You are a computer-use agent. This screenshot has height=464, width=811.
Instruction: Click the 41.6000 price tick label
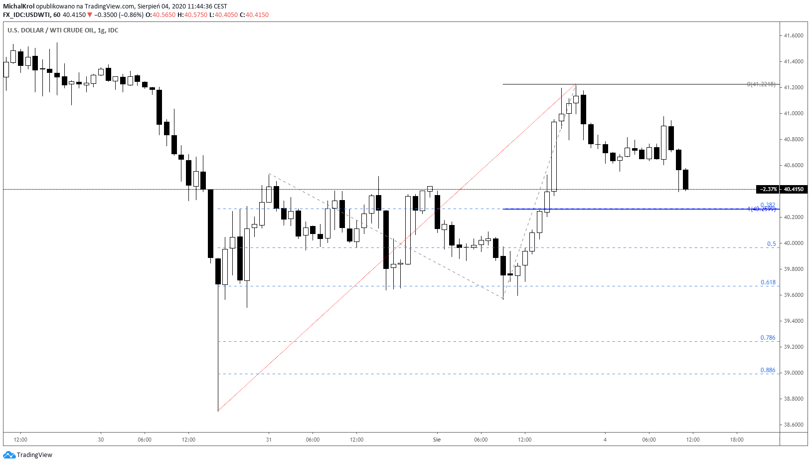793,35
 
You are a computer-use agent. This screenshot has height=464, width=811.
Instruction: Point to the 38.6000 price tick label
793,425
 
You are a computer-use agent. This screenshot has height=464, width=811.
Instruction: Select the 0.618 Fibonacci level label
768,282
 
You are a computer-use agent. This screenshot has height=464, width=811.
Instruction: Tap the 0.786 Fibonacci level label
768,338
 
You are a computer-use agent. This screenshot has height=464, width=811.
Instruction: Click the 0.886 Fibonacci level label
768,370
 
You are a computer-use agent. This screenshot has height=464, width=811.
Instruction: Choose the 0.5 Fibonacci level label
771,244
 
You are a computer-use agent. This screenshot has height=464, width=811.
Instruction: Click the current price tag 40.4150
794,189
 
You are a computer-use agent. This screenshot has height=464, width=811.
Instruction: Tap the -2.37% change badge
768,189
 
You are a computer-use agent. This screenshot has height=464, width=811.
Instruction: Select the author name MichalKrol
18,6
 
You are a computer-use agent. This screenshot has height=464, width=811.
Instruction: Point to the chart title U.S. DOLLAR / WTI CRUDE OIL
51,30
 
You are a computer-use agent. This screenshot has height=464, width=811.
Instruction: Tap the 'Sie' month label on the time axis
437,440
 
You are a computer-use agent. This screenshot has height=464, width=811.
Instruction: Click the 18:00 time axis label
736,440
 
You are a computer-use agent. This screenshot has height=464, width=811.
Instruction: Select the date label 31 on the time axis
269,440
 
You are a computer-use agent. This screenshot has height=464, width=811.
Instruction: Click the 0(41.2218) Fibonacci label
761,84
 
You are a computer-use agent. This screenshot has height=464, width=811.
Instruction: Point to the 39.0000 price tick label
793,373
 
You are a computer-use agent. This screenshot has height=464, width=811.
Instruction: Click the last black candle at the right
686,180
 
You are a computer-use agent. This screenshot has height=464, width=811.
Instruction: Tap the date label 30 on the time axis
101,440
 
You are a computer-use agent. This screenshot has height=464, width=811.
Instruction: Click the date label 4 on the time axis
605,440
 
